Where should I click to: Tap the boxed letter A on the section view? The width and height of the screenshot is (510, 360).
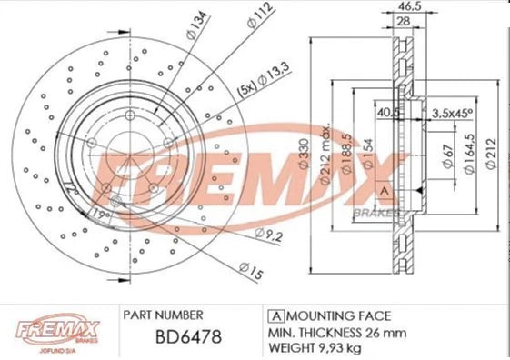384,189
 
